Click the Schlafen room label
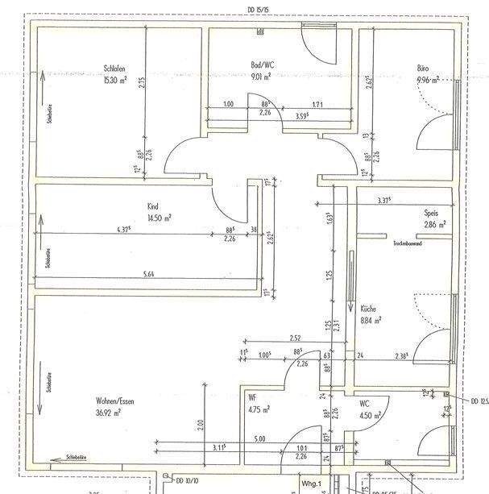114,68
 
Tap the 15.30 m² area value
115,80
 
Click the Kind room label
153,205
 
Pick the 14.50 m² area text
160,218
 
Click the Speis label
431,213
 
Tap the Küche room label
368,308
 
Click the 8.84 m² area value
370,320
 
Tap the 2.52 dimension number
295,338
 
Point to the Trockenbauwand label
408,243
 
